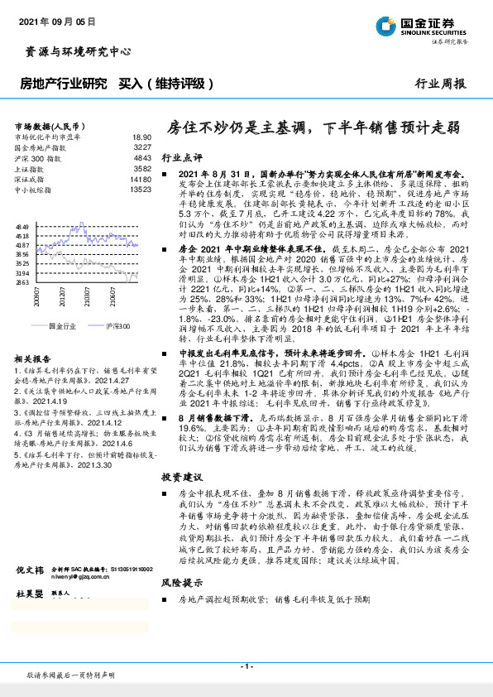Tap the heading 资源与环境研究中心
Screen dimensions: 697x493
pyautogui.click(x=74, y=51)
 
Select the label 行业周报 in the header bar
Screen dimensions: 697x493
pyautogui.click(x=440, y=84)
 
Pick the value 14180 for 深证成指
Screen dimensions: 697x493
pyautogui.click(x=140, y=178)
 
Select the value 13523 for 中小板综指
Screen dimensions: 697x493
pyautogui.click(x=140, y=189)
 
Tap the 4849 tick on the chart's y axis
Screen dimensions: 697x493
pyautogui.click(x=22, y=225)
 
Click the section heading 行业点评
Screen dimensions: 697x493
pyautogui.click(x=181, y=156)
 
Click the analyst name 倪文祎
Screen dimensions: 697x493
pyautogui.click(x=31, y=618)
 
